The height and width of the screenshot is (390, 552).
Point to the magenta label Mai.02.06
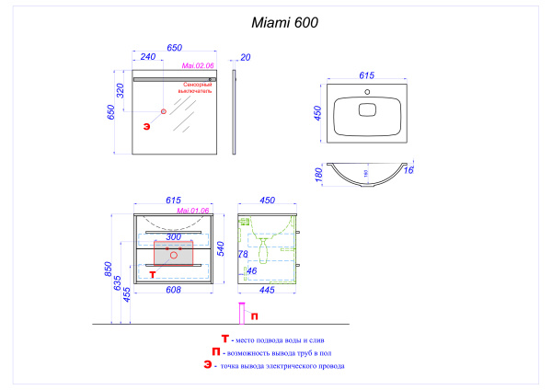(x=198, y=65)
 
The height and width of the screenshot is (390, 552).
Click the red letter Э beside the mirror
(x=145, y=126)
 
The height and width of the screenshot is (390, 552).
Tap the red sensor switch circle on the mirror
(x=165, y=111)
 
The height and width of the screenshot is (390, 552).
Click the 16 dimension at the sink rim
(x=409, y=170)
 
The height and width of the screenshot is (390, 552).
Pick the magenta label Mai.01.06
(x=194, y=211)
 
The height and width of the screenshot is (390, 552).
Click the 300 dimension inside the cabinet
(x=173, y=236)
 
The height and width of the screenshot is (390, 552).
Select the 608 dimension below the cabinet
(x=172, y=290)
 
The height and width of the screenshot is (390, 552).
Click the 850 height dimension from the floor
(x=109, y=270)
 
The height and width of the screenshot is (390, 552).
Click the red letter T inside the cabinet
(x=153, y=273)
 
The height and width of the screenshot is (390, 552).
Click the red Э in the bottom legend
(x=209, y=365)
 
